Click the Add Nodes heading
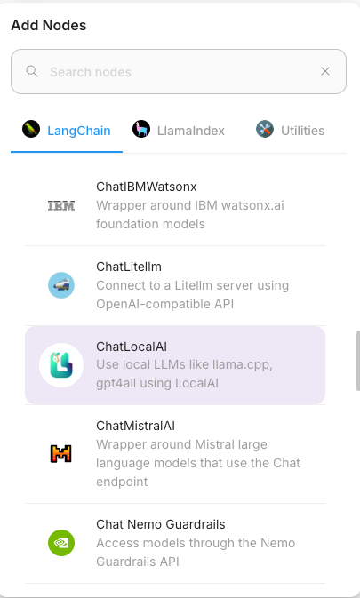[x=49, y=26]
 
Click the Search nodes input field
[x=179, y=71]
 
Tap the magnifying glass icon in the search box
[x=32, y=71]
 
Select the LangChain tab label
[x=79, y=131]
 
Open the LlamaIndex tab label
[x=191, y=131]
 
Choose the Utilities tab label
[x=303, y=131]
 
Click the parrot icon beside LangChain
[x=31, y=130]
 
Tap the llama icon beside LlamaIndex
[x=141, y=130]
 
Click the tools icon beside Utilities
[x=265, y=130]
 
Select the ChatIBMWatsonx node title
[x=147, y=187]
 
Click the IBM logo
[x=61, y=206]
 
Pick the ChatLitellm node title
[x=129, y=267]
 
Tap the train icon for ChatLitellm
[x=61, y=285]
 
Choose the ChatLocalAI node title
[x=132, y=347]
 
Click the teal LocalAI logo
[x=61, y=365]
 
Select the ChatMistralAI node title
[x=135, y=426]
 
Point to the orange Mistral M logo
[x=61, y=454]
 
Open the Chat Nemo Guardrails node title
[x=161, y=524]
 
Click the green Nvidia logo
[x=61, y=543]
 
